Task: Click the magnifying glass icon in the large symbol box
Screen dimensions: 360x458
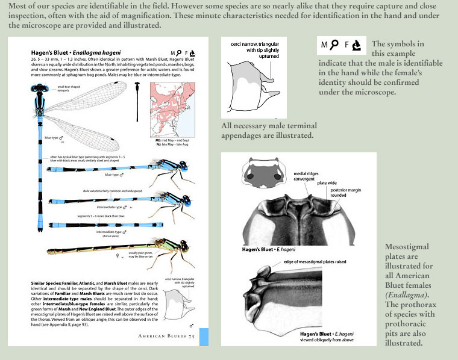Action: (337, 45)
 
